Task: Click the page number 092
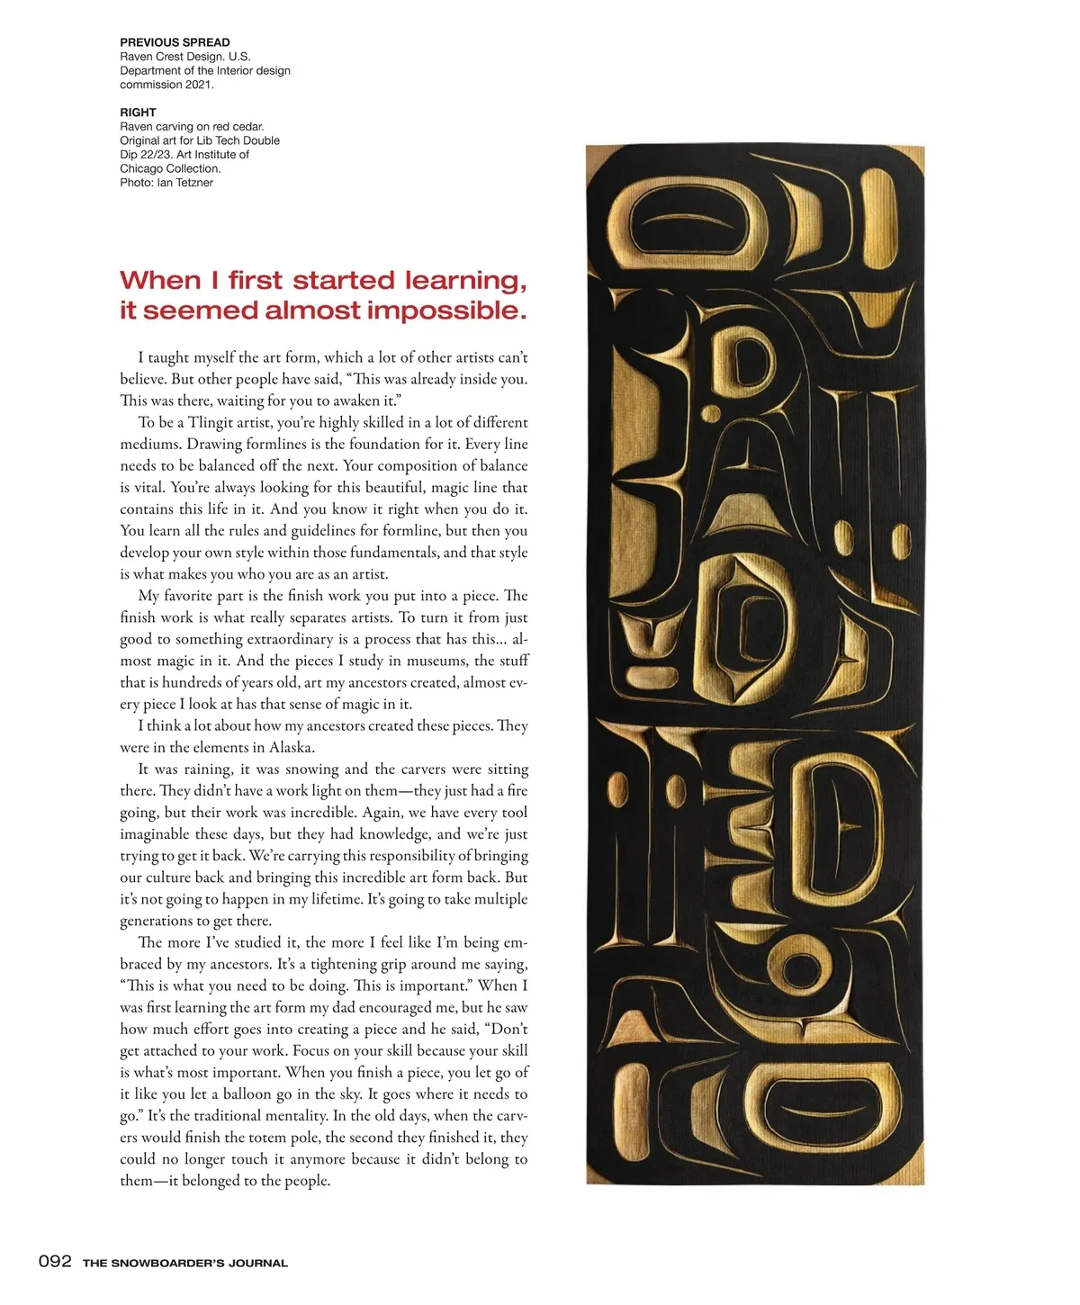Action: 55,1261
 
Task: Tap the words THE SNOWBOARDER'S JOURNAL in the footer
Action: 185,1263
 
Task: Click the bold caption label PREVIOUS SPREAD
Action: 175,42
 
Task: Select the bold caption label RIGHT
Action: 138,112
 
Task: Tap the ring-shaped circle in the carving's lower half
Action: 796,968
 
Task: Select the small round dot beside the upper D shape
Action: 711,415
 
